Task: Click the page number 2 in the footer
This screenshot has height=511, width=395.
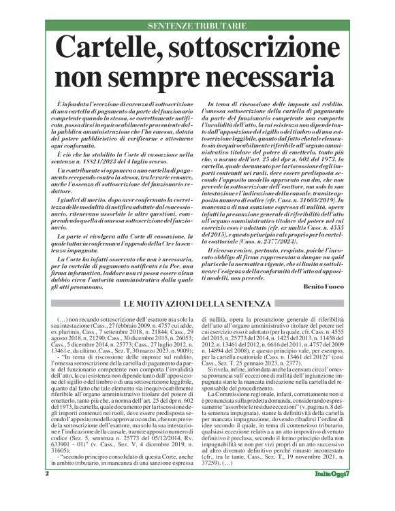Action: [46, 491]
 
